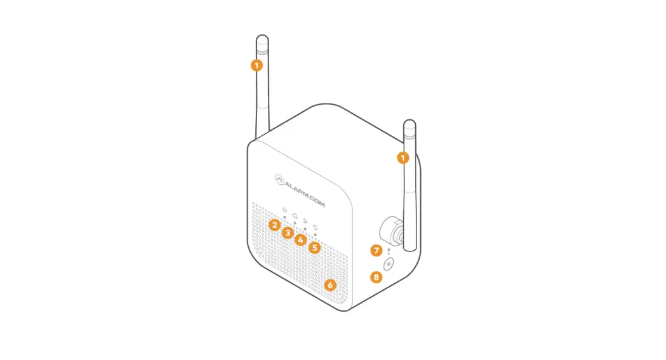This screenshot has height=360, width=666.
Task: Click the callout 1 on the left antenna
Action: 256,65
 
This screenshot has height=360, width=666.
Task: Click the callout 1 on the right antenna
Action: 403,157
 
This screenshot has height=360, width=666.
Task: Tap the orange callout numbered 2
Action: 274,225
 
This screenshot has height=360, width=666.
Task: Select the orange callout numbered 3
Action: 288,233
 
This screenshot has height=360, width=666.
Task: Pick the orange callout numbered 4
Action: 301,241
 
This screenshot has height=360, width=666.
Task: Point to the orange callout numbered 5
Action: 315,248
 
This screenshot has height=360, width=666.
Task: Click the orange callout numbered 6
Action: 330,285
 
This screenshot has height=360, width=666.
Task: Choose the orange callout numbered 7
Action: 376,250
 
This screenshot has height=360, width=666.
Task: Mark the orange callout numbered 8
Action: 376,277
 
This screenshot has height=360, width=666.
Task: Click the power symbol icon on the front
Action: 285,210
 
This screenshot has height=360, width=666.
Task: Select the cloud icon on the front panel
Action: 296,215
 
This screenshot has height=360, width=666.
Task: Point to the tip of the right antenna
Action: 410,123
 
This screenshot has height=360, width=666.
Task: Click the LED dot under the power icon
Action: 285,217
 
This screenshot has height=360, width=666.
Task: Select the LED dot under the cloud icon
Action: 295,223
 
